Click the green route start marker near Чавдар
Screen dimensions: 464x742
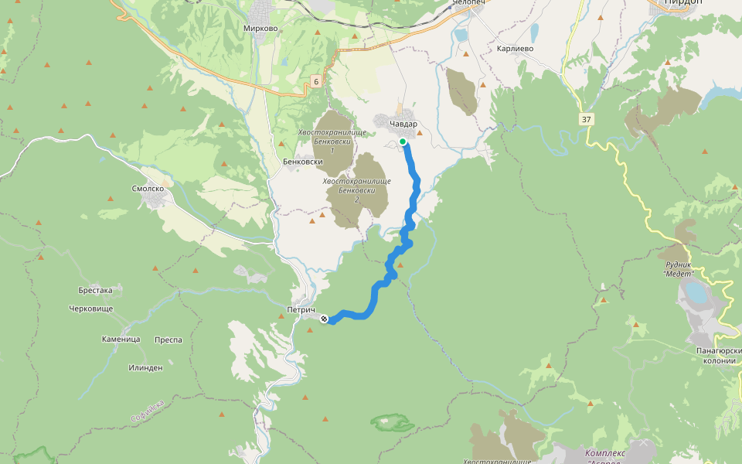tap(403, 142)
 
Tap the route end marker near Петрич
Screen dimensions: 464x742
tap(325, 319)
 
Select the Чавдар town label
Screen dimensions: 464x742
tap(403, 124)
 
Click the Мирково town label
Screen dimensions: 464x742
tap(260, 29)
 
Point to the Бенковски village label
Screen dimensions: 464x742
tap(302, 162)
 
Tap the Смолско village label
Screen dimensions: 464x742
tap(148, 189)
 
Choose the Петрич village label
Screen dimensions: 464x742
tap(301, 309)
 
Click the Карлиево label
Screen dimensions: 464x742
tap(516, 48)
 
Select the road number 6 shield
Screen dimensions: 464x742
tap(316, 81)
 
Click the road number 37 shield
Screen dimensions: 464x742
tap(586, 118)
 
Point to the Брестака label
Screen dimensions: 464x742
tap(95, 291)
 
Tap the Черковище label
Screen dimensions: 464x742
tap(90, 309)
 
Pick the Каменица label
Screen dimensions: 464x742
tap(121, 339)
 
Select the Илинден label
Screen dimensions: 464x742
tap(145, 368)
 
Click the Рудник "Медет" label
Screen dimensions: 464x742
tap(680, 269)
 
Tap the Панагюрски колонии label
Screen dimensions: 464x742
tap(719, 356)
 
